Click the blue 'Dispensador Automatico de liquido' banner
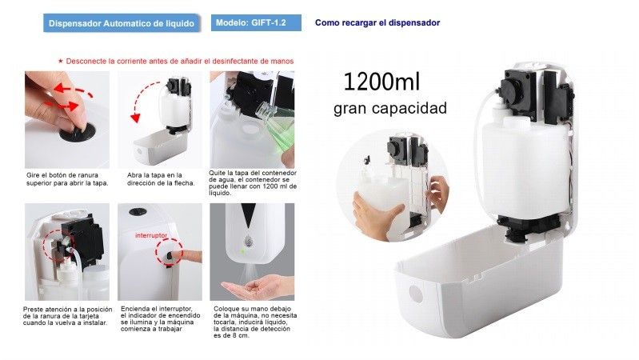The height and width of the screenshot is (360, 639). click(x=122, y=23)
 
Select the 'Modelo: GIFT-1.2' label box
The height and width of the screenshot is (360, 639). click(x=256, y=23)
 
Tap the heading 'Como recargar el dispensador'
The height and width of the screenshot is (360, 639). click(x=377, y=23)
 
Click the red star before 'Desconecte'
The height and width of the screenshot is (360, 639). click(x=60, y=61)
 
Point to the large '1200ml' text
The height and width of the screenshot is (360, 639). click(x=381, y=81)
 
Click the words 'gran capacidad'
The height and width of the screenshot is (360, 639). click(x=390, y=109)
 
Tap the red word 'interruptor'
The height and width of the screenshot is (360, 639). click(x=151, y=235)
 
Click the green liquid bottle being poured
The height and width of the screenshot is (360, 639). click(x=278, y=122)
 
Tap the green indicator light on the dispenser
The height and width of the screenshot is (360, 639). click(x=242, y=251)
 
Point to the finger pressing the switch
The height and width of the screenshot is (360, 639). click(x=186, y=257)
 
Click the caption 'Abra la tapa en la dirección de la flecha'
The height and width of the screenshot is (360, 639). click(x=161, y=179)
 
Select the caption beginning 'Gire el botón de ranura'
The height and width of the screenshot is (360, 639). click(x=67, y=179)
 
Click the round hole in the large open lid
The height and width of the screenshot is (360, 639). click(x=415, y=294)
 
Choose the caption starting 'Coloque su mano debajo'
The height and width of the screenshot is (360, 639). click(x=255, y=322)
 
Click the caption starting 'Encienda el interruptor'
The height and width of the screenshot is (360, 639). click(x=161, y=319)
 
